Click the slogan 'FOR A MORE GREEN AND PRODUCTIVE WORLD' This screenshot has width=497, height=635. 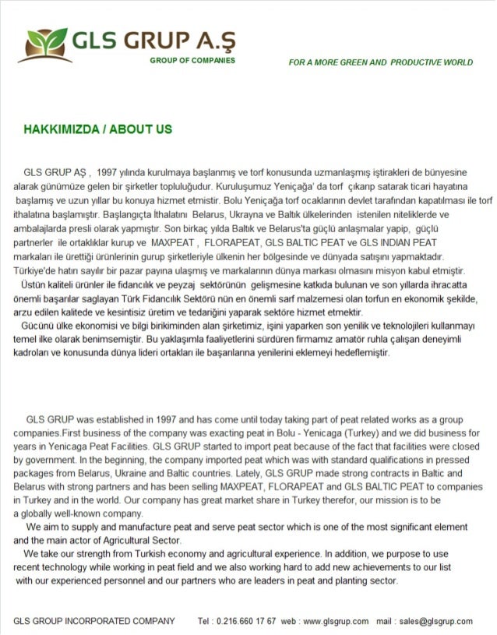pos(380,62)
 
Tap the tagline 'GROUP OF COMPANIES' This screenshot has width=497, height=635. pos(192,60)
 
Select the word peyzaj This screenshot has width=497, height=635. pos(164,284)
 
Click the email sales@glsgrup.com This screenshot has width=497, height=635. pos(435,621)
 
